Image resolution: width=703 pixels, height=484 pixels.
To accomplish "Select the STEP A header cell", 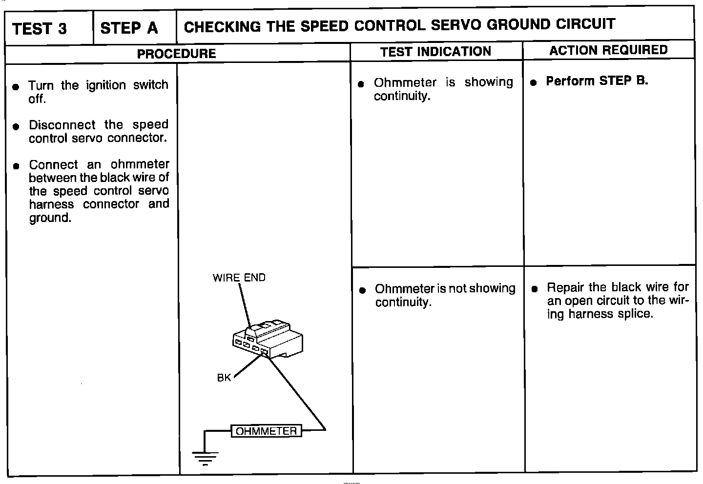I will pos(129,28).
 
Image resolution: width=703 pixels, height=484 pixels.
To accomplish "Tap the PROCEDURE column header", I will pos(176,54).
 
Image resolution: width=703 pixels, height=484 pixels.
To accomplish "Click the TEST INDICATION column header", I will pos(435,52).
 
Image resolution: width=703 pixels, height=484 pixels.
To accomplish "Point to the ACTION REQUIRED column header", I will pos(608,50).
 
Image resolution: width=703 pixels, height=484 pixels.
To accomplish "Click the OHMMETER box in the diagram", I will pos(266,431).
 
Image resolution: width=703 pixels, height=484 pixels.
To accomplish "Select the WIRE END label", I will pos(239,278).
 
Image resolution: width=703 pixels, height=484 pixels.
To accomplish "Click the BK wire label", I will pos(224,378).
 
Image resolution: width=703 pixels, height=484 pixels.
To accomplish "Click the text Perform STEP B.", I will pos(597,81).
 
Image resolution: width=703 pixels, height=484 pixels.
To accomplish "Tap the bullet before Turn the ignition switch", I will pos(16,87).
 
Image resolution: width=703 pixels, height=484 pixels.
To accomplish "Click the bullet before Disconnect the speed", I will pos(16,126).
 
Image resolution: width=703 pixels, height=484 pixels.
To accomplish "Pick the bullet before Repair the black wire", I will pos(535,289).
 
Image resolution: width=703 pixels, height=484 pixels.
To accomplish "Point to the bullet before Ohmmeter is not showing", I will pos(362,290).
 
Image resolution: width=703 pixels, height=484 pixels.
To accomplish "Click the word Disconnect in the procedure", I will pos(62,125).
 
